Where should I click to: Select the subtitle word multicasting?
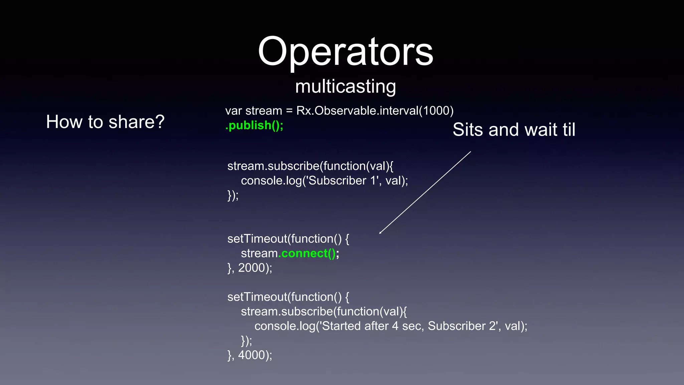pyautogui.click(x=345, y=86)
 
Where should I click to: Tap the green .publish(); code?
pyautogui.click(x=254, y=125)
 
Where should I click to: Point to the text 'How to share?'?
pyautogui.click(x=105, y=122)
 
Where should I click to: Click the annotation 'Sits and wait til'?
pyautogui.click(x=514, y=130)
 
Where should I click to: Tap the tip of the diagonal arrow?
pyautogui.click(x=380, y=233)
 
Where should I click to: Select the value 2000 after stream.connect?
pyautogui.click(x=251, y=268)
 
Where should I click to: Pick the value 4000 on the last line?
pyautogui.click(x=251, y=355)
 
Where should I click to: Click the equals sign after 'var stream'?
pyautogui.click(x=289, y=111)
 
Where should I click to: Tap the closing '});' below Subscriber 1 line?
pyautogui.click(x=233, y=195)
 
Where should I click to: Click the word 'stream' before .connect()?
pyautogui.click(x=259, y=253)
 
